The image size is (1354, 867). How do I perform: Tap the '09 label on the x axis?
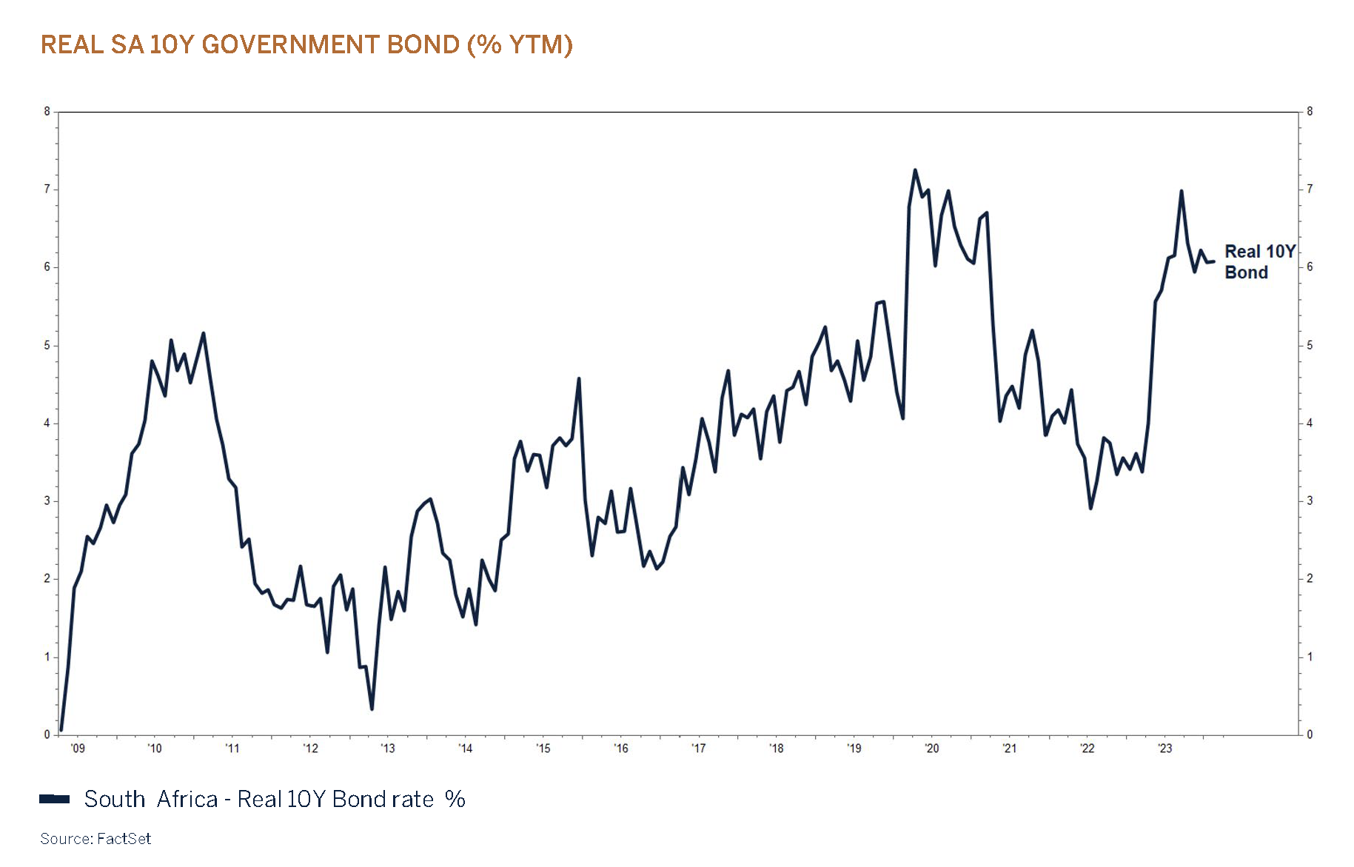pos(77,749)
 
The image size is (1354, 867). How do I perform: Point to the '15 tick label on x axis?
pos(543,749)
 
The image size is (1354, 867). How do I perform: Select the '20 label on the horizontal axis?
pos(931,749)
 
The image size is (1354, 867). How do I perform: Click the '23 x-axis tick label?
pos(1164,749)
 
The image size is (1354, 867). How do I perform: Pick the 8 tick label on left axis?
pos(47,112)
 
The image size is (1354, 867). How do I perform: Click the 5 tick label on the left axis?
pos(47,346)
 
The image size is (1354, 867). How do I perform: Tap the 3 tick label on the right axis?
pos(1310,501)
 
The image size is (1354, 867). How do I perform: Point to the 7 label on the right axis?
pos(1310,190)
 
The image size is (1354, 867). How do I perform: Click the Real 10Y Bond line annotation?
pos(1259,262)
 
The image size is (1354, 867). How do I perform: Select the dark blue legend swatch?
pos(54,799)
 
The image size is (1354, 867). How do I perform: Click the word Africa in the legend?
pos(187,800)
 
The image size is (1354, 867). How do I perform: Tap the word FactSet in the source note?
pos(124,839)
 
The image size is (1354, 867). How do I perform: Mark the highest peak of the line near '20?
pos(915,170)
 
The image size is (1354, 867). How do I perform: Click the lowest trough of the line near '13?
pos(372,709)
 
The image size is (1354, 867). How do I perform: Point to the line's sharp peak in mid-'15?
pos(579,378)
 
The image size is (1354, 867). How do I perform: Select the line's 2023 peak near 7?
pos(1181,191)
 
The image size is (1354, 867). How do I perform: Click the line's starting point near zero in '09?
pos(61,730)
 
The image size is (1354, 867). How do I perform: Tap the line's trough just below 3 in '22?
pos(1090,508)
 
